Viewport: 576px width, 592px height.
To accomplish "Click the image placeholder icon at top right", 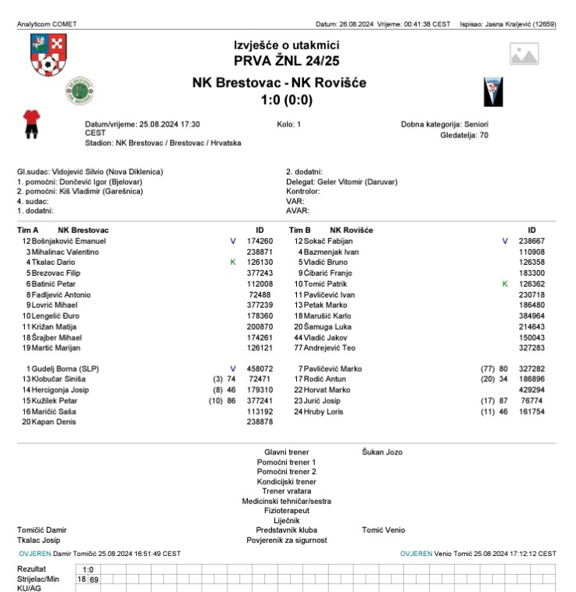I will point(524,54).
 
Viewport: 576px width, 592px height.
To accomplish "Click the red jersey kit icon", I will point(31,123).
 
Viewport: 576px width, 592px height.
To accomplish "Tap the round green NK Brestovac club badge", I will point(79,91).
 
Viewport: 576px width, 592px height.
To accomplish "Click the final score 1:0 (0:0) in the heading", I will point(287,100).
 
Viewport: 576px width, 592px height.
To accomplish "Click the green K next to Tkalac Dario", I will point(233,262).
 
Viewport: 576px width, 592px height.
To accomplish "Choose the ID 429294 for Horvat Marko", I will point(531,390).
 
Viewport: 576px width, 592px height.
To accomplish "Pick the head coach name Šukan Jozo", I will point(382,452).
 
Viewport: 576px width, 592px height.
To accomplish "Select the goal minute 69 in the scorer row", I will point(94,580).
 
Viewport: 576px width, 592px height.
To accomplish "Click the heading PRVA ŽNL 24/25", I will point(287,60).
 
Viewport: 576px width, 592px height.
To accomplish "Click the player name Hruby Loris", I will point(322,411).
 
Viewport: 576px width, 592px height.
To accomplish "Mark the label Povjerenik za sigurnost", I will point(287,540).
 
